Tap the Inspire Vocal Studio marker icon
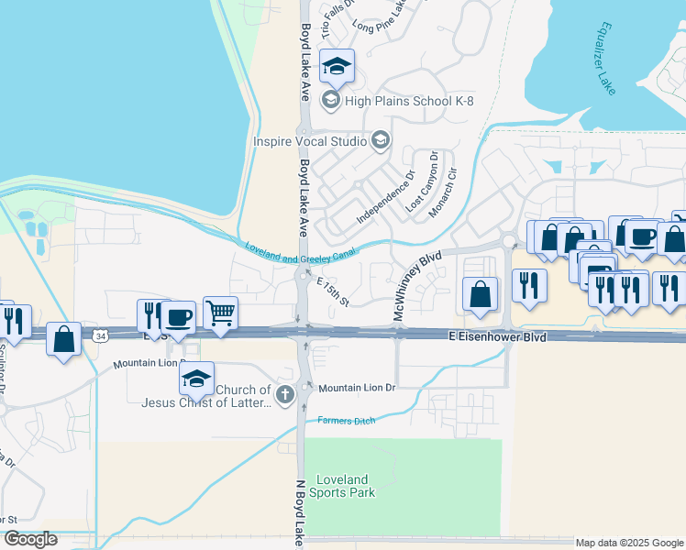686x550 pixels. pyautogui.click(x=382, y=141)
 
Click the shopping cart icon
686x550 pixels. pyautogui.click(x=220, y=313)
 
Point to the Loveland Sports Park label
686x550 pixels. pyautogui.click(x=345, y=486)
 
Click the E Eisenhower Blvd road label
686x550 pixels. pyautogui.click(x=498, y=337)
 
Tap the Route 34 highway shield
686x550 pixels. pyautogui.click(x=99, y=336)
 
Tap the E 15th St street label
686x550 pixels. pyautogui.click(x=333, y=292)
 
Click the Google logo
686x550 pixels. pyautogui.click(x=30, y=539)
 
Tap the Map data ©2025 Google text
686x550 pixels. pyautogui.click(x=629, y=543)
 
